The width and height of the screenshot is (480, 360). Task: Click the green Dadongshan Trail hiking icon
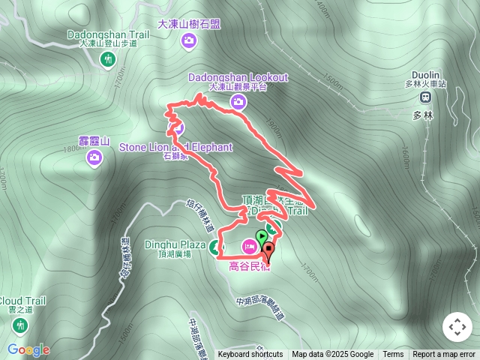[109, 58]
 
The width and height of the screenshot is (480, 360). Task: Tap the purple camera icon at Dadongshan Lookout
[238, 102]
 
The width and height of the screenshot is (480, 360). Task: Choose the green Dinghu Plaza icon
[216, 247]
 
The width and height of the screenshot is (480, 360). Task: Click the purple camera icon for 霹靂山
[95, 157]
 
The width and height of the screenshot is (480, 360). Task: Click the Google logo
[28, 349]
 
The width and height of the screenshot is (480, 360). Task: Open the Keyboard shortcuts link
[250, 355]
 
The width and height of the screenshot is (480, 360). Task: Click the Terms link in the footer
[393, 355]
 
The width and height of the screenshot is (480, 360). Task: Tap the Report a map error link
[444, 355]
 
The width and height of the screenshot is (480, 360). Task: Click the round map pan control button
[457, 327]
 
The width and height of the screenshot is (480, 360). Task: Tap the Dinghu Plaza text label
[174, 244]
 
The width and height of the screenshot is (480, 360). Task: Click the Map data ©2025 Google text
[333, 355]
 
